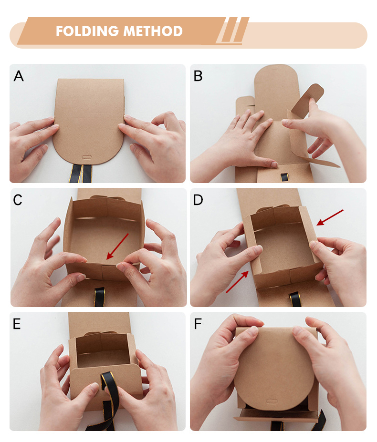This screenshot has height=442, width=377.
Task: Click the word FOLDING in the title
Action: [x=87, y=31]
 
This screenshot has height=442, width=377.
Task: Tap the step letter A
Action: [x=19, y=76]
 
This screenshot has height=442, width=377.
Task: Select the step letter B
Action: [x=198, y=76]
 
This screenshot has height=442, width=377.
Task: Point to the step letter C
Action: [x=18, y=200]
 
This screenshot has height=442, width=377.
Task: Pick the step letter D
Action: [x=198, y=200]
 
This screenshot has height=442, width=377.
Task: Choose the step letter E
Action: [x=17, y=324]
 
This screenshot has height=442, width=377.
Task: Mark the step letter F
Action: [x=198, y=324]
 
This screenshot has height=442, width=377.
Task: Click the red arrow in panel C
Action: [x=117, y=247]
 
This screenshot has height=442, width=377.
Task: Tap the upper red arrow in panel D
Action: [x=330, y=217]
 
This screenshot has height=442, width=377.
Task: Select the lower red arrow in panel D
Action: [x=237, y=282]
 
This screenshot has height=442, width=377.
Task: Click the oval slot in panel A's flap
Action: [x=87, y=157]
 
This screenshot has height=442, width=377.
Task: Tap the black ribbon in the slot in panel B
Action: [x=284, y=177]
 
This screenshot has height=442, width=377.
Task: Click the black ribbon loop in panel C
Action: [x=99, y=297]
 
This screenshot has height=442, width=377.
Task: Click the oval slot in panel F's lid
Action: [x=272, y=401]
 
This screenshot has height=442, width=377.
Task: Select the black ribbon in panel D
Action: [x=295, y=299]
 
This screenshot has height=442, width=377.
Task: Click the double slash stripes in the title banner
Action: [x=232, y=30]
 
